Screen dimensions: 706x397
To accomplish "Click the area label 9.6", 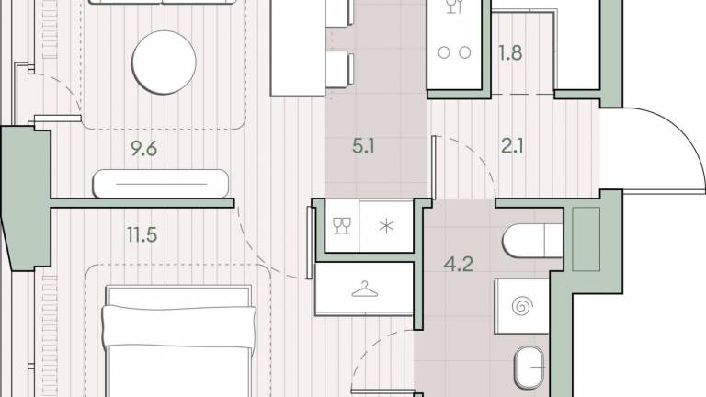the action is [143, 148].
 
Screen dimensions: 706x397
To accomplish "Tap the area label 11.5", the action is [142, 235].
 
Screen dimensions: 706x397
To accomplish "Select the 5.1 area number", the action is [363, 146].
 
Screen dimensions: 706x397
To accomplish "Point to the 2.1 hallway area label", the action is [512, 146].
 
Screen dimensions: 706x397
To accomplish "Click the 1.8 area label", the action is [510, 52].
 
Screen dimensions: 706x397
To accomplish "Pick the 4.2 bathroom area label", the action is [459, 264].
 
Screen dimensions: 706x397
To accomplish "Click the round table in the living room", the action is [164, 62].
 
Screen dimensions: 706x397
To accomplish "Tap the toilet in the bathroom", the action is [532, 241].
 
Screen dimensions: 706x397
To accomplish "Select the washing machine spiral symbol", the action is [522, 307].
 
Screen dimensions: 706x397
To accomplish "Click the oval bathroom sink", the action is [529, 368].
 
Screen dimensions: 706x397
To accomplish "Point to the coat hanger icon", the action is [364, 289].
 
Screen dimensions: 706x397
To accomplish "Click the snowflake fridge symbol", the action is [386, 226].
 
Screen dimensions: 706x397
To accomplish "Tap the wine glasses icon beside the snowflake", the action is [342, 225].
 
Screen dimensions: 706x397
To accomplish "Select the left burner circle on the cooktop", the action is [444, 52].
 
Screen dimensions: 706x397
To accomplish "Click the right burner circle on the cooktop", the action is [464, 52].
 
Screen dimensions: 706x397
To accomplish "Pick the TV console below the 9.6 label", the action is [161, 184].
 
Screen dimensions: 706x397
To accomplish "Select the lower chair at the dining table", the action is [338, 69].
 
